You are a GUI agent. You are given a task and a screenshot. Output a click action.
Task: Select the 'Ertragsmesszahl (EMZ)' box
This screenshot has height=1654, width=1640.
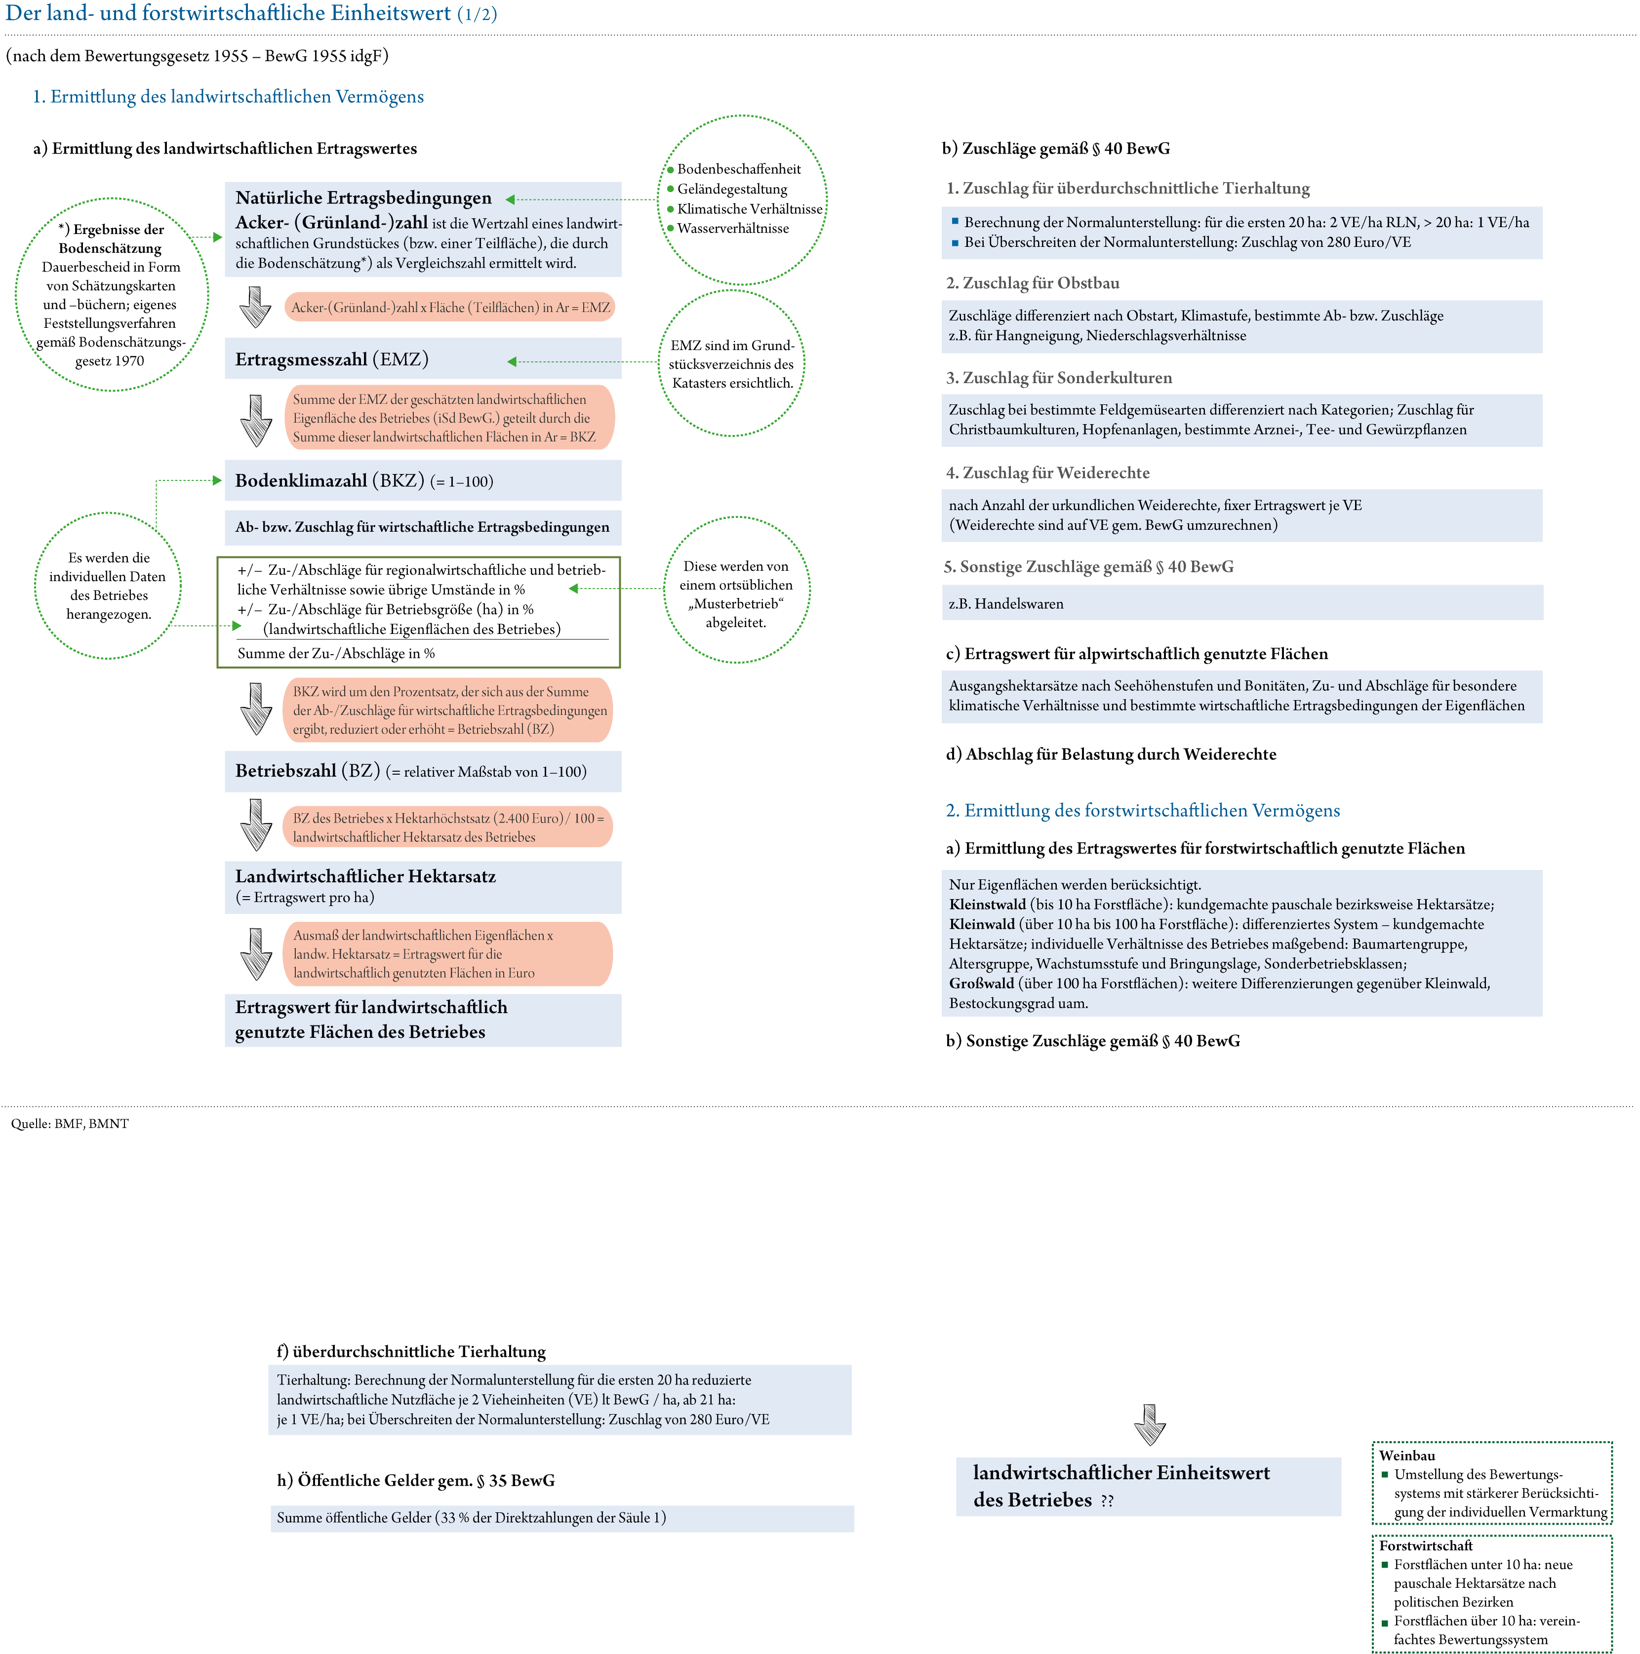pyautogui.click(x=422, y=359)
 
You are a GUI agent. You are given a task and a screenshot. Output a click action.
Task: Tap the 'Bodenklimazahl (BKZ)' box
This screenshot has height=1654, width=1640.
pyautogui.click(x=422, y=481)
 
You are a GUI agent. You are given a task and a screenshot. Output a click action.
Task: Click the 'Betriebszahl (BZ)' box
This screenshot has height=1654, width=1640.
pyautogui.click(x=422, y=771)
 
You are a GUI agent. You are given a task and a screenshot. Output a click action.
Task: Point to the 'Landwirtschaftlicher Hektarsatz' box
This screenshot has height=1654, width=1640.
pyautogui.click(x=422, y=887)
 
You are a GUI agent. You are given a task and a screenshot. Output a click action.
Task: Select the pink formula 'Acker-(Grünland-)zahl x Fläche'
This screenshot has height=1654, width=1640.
pyautogui.click(x=449, y=307)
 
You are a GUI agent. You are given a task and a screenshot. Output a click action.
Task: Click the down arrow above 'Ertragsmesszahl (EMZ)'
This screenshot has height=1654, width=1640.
pyautogui.click(x=254, y=307)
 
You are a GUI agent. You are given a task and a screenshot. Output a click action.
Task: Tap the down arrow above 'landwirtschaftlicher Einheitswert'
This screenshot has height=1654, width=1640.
pyautogui.click(x=1149, y=1424)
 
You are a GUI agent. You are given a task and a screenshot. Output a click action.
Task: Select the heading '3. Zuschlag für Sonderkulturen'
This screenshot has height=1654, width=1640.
pyautogui.click(x=1058, y=378)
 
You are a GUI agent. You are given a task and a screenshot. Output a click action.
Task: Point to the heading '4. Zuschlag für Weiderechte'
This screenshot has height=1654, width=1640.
pyautogui.click(x=1047, y=473)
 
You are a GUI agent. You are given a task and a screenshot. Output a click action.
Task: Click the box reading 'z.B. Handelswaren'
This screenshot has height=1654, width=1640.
pyautogui.click(x=1242, y=603)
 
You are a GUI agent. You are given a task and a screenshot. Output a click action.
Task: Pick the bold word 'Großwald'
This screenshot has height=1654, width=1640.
pyautogui.click(x=981, y=984)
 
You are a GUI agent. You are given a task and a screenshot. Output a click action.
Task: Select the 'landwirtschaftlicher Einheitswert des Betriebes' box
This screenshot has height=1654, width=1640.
pyautogui.click(x=1148, y=1486)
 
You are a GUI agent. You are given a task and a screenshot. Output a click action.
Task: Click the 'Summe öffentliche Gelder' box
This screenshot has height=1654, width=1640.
pyautogui.click(x=562, y=1518)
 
